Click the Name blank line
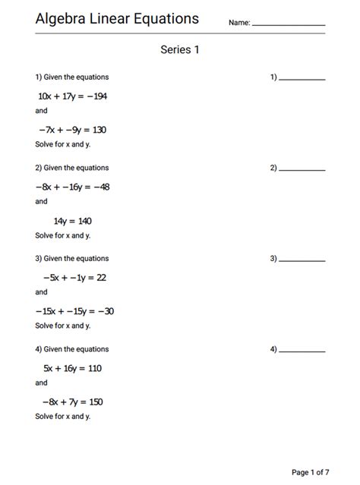289,24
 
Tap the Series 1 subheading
179,50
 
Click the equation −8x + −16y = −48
72,187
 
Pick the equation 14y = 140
73,221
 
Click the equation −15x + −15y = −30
74,311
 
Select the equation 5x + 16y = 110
73,368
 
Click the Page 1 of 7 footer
311,472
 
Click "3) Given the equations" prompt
72,259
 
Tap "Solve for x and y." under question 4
63,417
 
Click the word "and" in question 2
41,202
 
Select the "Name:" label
239,24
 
